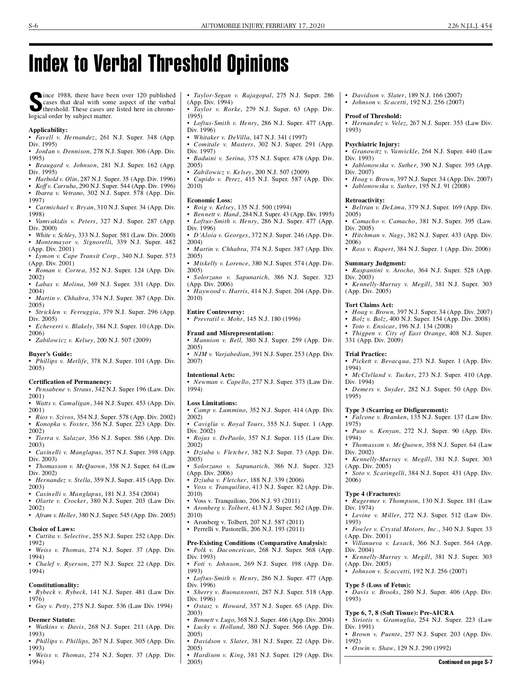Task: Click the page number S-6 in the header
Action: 33,26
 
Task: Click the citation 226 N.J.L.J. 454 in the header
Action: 470,26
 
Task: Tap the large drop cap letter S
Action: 35,102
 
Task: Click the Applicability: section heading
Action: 48,130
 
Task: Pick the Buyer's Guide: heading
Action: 50,354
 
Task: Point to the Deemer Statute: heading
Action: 52,620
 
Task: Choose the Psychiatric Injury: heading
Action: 373,144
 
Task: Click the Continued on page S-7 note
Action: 465,662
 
